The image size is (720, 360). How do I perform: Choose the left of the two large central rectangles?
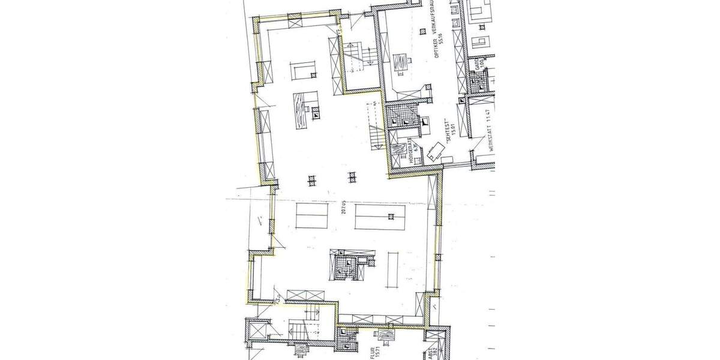(x=311, y=215)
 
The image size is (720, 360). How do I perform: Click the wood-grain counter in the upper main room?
(x=300, y=110)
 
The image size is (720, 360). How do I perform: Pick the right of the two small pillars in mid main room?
(x=352, y=176)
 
